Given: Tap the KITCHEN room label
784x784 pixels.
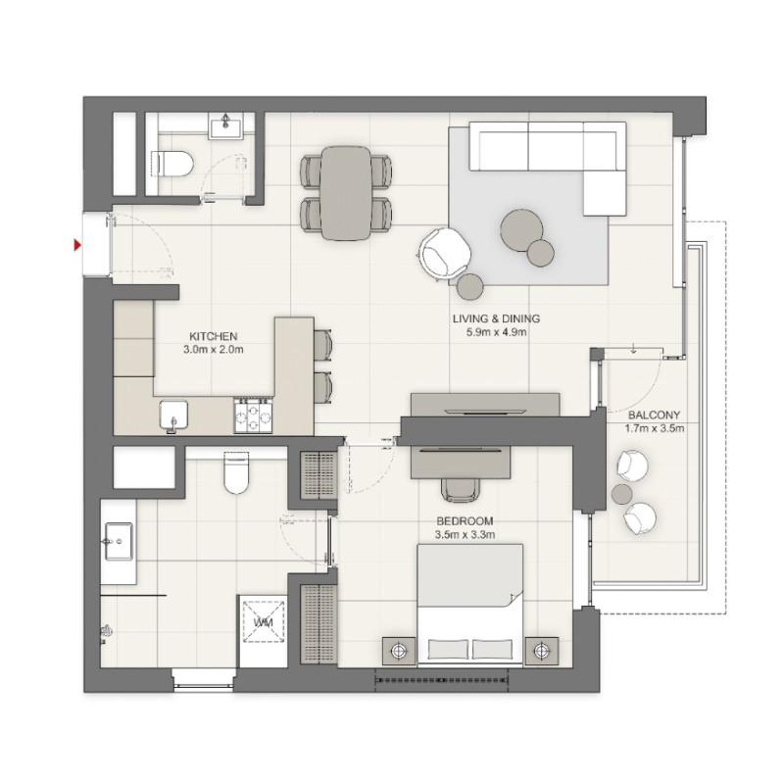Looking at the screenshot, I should pyautogui.click(x=214, y=336).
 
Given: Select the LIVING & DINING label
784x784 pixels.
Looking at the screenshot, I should pyautogui.click(x=496, y=319).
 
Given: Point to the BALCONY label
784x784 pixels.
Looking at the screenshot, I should pyautogui.click(x=653, y=415).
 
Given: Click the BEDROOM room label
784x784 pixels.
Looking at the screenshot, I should pyautogui.click(x=465, y=520).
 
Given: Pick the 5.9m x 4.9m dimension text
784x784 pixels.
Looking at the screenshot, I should pyautogui.click(x=496, y=333).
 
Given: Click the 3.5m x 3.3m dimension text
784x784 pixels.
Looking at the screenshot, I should pyautogui.click(x=465, y=534).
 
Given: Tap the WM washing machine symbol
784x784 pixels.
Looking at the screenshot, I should pyautogui.click(x=263, y=623).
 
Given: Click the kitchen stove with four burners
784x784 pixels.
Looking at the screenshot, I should pyautogui.click(x=253, y=415).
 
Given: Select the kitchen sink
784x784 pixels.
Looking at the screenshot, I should pyautogui.click(x=174, y=415).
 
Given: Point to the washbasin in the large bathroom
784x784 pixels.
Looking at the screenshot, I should pyautogui.click(x=118, y=540).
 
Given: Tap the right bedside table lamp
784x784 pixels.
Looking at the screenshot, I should pyautogui.click(x=542, y=649).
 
